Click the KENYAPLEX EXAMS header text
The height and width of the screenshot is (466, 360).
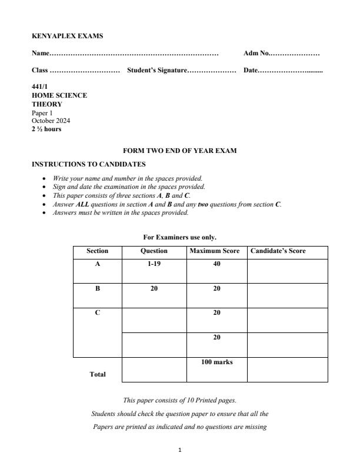(67, 36)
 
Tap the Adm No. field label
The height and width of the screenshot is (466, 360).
(256, 54)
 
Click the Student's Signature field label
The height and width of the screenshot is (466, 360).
(156, 71)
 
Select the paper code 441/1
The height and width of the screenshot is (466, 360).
(39, 86)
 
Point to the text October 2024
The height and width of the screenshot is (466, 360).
(51, 121)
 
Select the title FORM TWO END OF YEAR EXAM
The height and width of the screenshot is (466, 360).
(179, 151)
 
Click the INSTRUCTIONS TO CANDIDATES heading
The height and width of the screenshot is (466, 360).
(88, 164)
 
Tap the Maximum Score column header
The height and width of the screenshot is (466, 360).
(215, 251)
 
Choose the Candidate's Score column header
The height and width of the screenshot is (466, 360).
(278, 251)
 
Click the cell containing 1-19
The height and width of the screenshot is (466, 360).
(154, 265)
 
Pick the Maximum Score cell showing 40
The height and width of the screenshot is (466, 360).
(216, 265)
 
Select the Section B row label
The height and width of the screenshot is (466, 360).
(98, 289)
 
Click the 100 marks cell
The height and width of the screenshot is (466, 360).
(216, 362)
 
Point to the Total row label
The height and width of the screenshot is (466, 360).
(98, 374)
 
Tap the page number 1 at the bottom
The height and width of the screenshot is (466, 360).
(180, 450)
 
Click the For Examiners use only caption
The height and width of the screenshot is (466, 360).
(179, 237)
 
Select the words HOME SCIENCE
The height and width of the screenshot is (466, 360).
(59, 95)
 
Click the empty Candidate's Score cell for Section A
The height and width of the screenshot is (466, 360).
(287, 271)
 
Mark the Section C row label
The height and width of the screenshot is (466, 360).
(98, 313)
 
